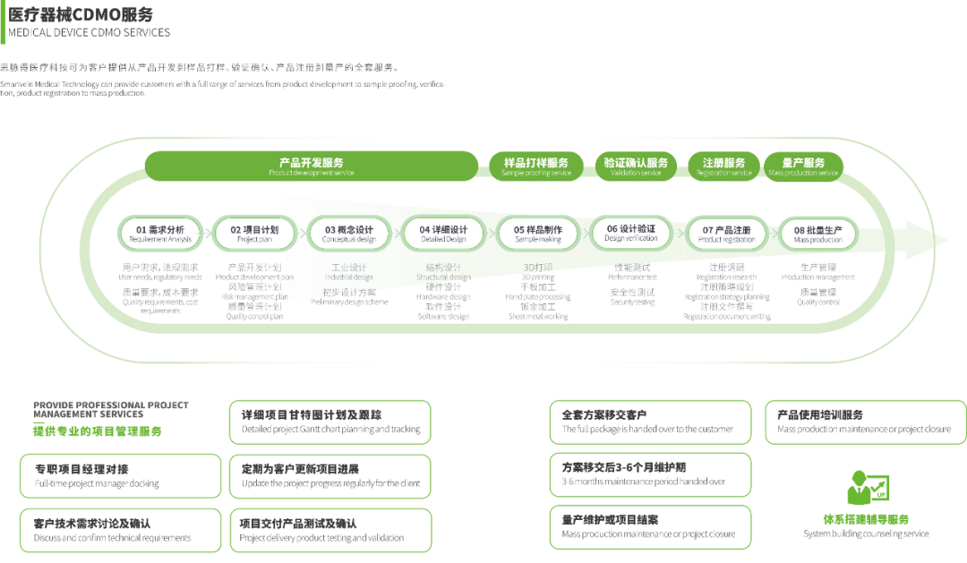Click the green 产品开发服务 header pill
pyautogui.click(x=311, y=166)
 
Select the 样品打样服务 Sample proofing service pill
pyautogui.click(x=536, y=166)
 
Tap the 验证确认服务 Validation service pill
pyautogui.click(x=636, y=166)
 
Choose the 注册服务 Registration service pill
pyautogui.click(x=723, y=166)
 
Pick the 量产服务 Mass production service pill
pyautogui.click(x=803, y=166)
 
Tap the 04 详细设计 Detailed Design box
pyautogui.click(x=443, y=234)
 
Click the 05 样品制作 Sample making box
pyautogui.click(x=538, y=234)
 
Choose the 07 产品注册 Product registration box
pyautogui.click(x=726, y=234)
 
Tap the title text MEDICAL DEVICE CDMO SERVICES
pyautogui.click(x=89, y=33)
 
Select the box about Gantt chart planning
pyautogui.click(x=330, y=422)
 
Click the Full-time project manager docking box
pyautogui.click(x=120, y=476)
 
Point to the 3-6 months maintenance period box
pyautogui.click(x=650, y=475)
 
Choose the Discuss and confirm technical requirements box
pyautogui.click(x=120, y=531)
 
